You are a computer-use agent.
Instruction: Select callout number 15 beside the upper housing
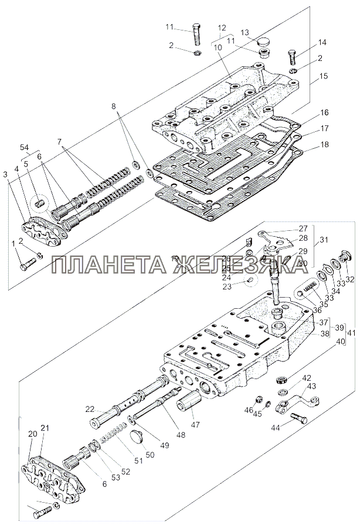(323, 76)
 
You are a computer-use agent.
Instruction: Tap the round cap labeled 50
(137, 435)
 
